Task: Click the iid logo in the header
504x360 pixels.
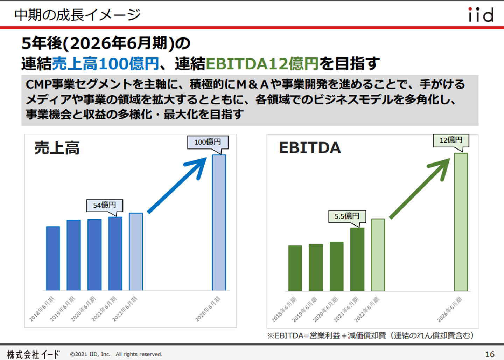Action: [481, 15]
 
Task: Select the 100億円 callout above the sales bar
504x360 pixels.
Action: [208, 142]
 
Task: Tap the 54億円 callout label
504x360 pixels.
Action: [104, 205]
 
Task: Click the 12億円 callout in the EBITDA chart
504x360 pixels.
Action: [451, 140]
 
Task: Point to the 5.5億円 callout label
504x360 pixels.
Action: [347, 216]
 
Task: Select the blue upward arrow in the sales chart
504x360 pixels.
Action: [177, 185]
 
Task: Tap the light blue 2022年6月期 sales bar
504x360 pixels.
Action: [136, 252]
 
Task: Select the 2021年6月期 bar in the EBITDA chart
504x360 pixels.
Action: [357, 259]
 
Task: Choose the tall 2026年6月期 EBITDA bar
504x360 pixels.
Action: [461, 222]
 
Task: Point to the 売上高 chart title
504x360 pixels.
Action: [57, 148]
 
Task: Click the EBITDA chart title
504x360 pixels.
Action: [310, 148]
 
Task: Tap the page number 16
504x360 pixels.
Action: [490, 354]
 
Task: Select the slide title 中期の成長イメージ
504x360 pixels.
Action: [77, 15]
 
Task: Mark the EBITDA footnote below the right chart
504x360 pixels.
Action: [370, 335]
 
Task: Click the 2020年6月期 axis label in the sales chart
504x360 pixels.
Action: [83, 309]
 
